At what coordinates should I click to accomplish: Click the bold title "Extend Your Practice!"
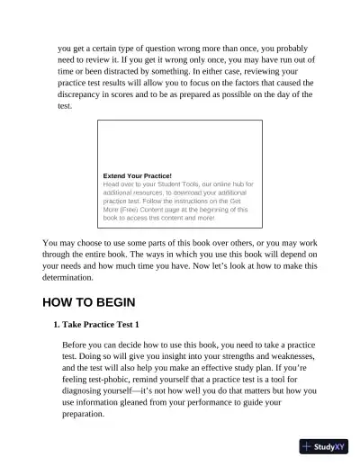(138, 175)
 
